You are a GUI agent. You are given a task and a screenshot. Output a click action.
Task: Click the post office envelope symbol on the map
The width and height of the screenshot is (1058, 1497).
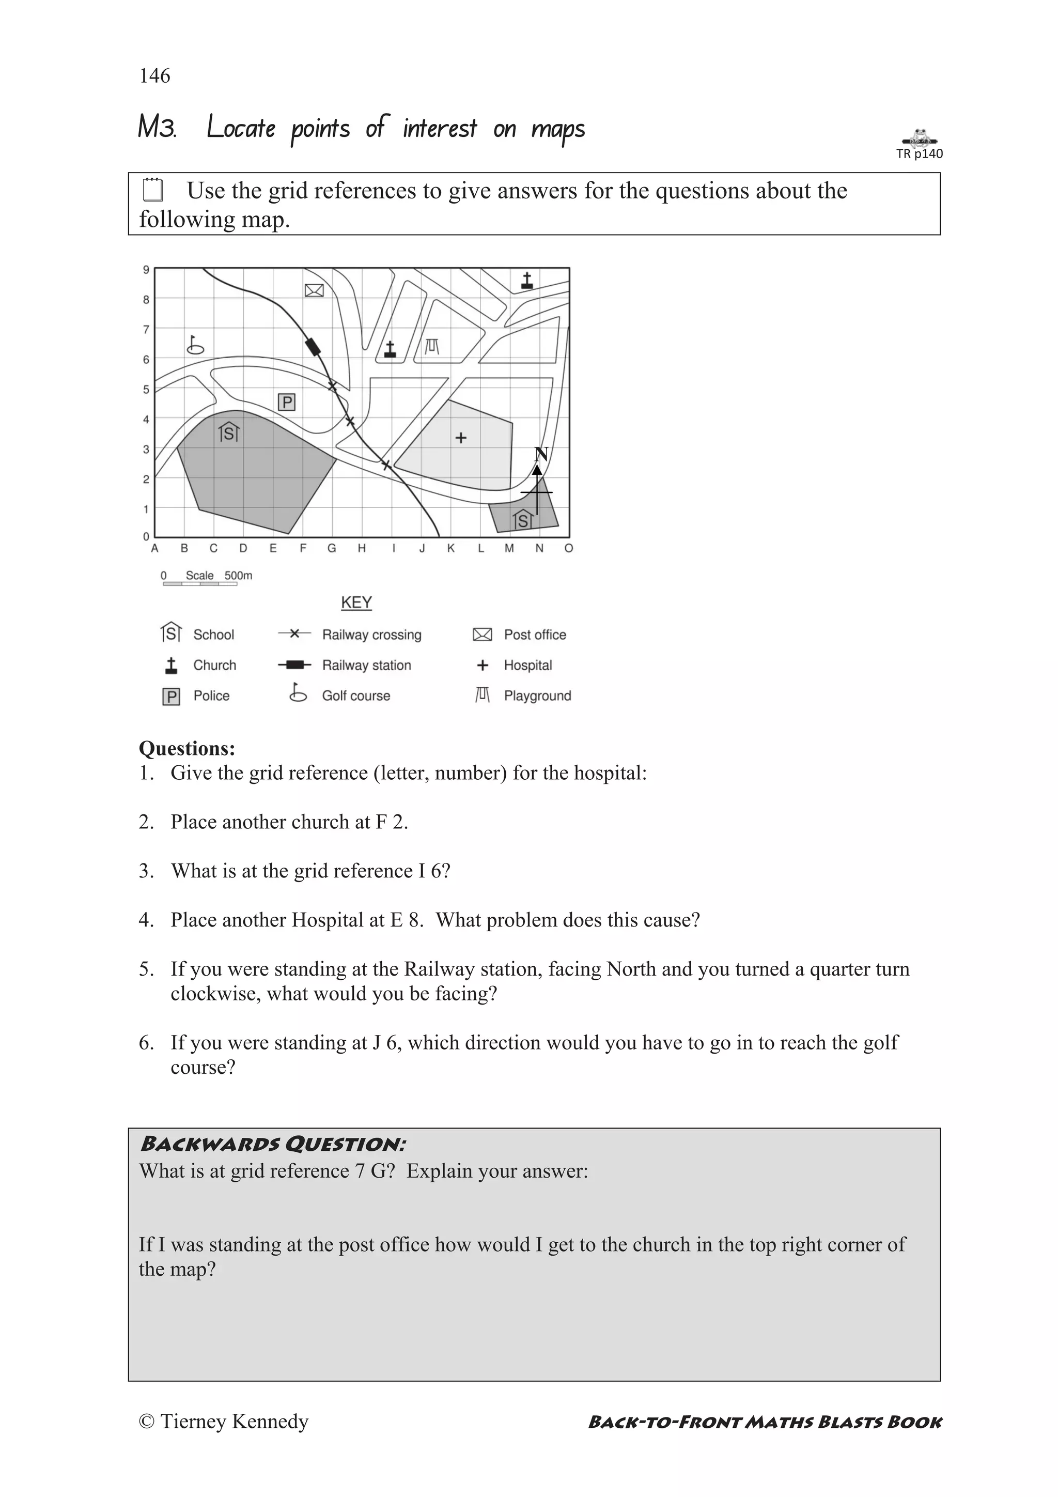point(314,290)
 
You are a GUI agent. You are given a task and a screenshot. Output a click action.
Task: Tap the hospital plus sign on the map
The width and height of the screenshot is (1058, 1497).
point(461,438)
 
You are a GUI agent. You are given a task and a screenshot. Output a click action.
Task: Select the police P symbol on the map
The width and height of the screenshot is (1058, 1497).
point(287,403)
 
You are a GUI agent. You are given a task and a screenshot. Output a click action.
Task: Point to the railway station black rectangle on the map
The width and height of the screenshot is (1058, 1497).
point(313,346)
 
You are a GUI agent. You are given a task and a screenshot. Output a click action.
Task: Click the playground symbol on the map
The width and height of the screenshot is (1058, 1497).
point(431,346)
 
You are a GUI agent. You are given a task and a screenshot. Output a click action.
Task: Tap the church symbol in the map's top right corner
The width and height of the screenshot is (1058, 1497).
point(527,281)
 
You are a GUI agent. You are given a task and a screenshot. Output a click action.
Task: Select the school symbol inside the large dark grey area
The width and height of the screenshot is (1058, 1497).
point(229,431)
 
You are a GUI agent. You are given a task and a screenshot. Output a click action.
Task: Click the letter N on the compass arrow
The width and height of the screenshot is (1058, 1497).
point(540,454)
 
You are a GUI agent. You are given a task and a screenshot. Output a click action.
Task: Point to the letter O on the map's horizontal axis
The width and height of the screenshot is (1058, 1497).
point(568,548)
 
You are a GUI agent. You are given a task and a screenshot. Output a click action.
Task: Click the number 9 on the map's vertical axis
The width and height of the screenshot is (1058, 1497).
point(146,270)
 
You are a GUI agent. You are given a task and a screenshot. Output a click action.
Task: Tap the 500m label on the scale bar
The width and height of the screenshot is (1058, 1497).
point(238,576)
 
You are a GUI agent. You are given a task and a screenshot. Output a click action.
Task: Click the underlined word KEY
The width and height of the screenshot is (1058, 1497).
point(356,603)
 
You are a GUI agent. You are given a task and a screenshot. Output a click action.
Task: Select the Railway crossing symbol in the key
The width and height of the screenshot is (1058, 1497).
point(294,634)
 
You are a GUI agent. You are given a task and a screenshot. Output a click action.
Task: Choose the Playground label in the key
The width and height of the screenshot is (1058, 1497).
point(537,696)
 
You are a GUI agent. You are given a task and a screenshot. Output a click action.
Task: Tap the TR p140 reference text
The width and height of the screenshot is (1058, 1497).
point(919,154)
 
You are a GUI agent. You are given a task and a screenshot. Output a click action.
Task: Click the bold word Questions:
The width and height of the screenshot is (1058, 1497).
point(187,748)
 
